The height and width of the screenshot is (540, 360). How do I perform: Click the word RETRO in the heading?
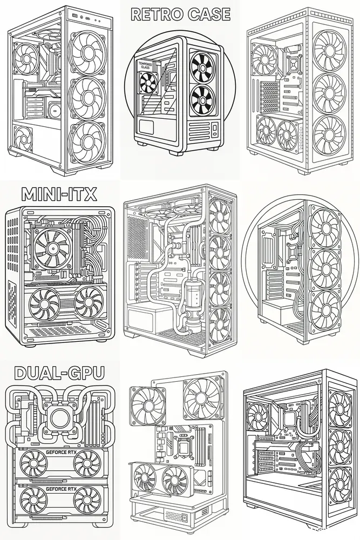coord(157,14)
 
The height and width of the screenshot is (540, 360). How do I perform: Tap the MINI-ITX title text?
coord(59,194)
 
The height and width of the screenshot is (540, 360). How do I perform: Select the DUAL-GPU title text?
coord(59,373)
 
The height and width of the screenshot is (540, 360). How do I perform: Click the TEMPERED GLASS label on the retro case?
coord(145,66)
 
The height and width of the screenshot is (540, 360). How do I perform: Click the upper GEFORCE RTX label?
coord(62,453)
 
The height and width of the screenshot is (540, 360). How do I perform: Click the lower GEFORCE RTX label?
coord(62,489)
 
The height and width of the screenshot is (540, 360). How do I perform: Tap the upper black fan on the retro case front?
coord(203,65)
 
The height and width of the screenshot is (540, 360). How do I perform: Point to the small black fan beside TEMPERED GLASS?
coord(148,83)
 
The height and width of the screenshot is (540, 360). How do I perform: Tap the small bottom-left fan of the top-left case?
coord(23,138)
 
